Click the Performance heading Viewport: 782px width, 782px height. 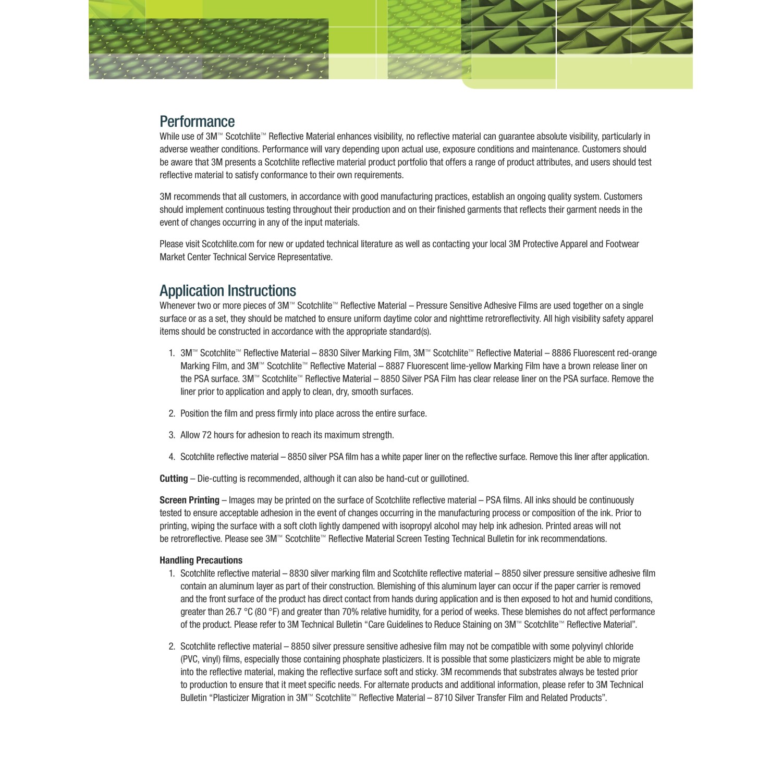pyautogui.click(x=197, y=121)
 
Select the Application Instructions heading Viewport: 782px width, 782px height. pyautogui.click(x=227, y=290)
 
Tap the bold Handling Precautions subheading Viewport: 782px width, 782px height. pyautogui.click(x=201, y=560)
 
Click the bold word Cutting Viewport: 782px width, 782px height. pyautogui.click(x=174, y=479)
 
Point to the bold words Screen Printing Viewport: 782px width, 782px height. pyautogui.click(x=189, y=500)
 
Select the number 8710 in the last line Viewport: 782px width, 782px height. pyautogui.click(x=443, y=698)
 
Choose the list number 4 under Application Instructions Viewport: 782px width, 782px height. pyautogui.click(x=172, y=457)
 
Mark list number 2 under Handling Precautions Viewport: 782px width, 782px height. pyautogui.click(x=172, y=646)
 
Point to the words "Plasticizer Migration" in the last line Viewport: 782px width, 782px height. pyautogui.click(x=248, y=698)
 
